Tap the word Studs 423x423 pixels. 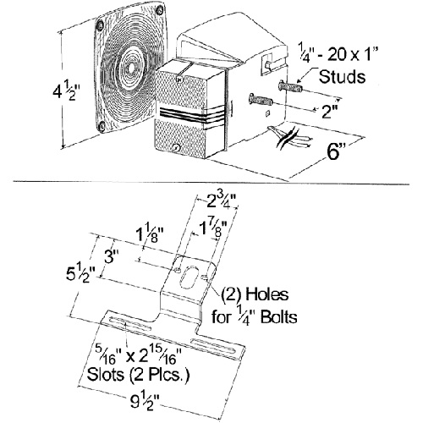tap(342, 76)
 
